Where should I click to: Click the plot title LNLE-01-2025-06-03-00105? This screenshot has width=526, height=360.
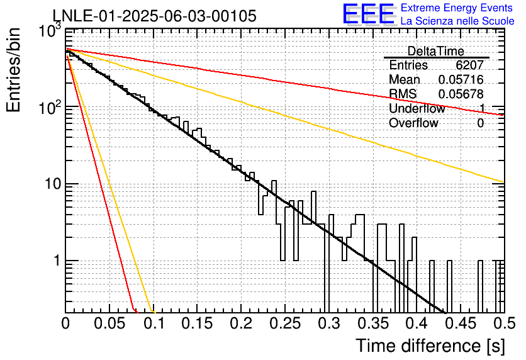[x=155, y=16]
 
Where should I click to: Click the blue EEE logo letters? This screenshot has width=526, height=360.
[x=369, y=14]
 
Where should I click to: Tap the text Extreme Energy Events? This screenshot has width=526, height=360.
[x=457, y=8]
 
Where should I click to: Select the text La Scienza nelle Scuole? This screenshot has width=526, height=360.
[x=457, y=21]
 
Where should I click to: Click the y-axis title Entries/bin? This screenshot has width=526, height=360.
[x=13, y=70]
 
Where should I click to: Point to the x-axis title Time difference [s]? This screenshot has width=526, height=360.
[x=430, y=346]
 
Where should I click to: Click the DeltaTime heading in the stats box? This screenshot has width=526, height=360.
[x=436, y=51]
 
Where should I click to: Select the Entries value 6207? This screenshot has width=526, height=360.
[x=469, y=65]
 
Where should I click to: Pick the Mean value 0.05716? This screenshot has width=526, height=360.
[x=461, y=79]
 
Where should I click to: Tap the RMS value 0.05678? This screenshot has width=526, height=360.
[x=461, y=94]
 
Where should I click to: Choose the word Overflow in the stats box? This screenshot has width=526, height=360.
[x=413, y=123]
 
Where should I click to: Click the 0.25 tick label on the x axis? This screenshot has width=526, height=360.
[x=285, y=323]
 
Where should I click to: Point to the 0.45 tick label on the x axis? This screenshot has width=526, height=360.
[x=461, y=323]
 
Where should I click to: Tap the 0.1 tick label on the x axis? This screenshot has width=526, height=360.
[x=154, y=323]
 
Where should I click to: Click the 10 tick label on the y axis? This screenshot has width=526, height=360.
[x=53, y=184]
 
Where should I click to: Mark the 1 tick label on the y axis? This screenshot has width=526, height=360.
[x=57, y=261]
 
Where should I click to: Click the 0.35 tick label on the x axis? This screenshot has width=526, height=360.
[x=373, y=323]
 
